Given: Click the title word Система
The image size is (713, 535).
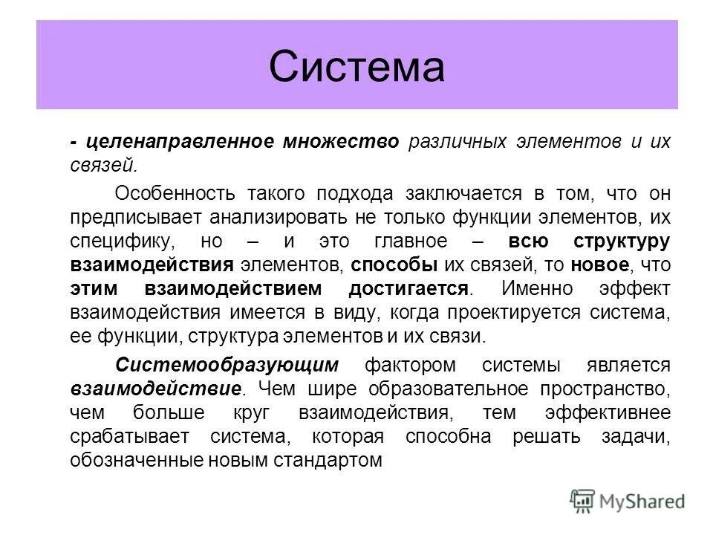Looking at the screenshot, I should click(x=356, y=66).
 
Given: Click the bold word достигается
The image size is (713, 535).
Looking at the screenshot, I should click(x=408, y=289).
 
